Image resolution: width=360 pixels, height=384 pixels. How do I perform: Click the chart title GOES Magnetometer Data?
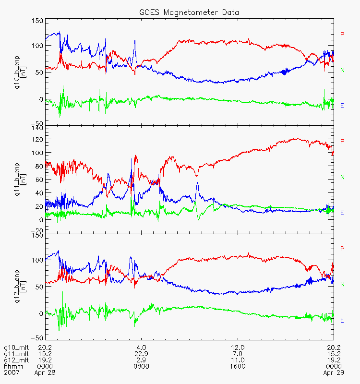pos(189,12)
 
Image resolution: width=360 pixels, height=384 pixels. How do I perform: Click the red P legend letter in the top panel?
pos(342,34)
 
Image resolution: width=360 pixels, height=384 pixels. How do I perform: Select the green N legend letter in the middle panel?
pos(342,177)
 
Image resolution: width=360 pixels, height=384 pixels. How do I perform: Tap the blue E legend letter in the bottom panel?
pos(342,320)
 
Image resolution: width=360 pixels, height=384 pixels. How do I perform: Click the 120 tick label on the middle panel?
pos(37,139)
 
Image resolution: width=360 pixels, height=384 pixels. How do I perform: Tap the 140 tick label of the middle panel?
pos(37,128)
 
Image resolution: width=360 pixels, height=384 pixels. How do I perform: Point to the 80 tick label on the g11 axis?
pos(39,166)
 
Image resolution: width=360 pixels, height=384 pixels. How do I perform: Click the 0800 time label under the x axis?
pos(141,366)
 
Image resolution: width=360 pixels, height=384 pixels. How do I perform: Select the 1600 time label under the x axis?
pos(238,366)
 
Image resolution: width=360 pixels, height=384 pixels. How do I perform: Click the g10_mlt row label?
pos(16,348)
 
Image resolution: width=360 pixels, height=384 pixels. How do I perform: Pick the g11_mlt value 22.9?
pos(141,354)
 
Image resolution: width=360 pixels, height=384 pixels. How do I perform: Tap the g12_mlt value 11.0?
pos(238,360)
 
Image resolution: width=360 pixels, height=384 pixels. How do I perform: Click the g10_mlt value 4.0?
pos(141,348)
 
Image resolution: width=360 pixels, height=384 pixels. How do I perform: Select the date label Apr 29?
pos(334,372)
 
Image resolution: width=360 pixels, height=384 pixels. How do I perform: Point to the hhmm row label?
pos(13,366)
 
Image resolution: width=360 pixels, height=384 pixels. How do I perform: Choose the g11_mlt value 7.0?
pos(238,354)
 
